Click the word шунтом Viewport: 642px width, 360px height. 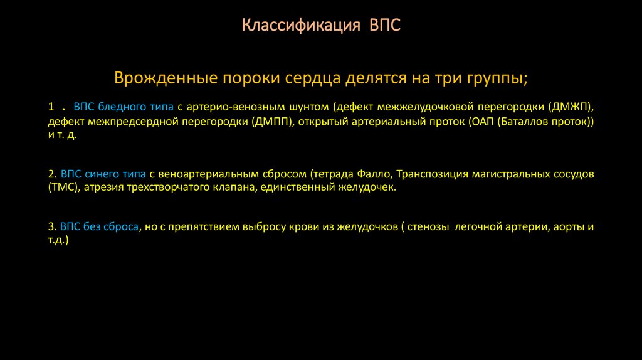(307, 107)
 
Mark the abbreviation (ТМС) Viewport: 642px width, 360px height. (63, 187)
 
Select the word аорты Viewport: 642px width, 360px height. (567, 226)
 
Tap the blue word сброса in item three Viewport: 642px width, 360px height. (122, 226)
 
